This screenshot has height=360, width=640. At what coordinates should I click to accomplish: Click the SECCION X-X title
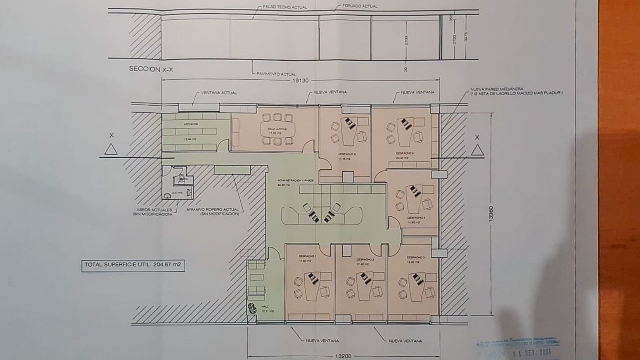(x=151, y=69)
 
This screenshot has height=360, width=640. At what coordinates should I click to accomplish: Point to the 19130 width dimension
(x=300, y=81)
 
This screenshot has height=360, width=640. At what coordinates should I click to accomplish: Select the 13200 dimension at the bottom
(x=343, y=356)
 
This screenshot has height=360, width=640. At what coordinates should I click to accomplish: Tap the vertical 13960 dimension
(x=491, y=214)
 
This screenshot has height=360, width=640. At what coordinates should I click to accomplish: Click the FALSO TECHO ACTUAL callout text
(x=284, y=7)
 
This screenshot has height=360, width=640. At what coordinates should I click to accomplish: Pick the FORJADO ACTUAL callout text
(x=360, y=6)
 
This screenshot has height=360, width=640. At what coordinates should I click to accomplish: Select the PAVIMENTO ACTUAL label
(x=276, y=74)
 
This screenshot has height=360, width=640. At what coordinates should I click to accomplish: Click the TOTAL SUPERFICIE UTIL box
(x=133, y=265)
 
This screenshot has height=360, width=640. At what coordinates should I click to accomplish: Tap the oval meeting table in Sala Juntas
(x=277, y=130)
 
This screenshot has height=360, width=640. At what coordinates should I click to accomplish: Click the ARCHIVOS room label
(x=190, y=124)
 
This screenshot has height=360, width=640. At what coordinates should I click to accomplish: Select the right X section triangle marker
(x=477, y=151)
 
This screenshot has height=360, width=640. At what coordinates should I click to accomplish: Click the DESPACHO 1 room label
(x=308, y=257)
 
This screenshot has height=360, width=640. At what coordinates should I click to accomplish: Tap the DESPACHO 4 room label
(x=416, y=218)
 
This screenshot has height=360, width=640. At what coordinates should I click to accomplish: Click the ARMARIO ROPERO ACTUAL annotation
(x=213, y=211)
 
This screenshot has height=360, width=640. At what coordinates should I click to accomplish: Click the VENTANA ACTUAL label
(x=219, y=93)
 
